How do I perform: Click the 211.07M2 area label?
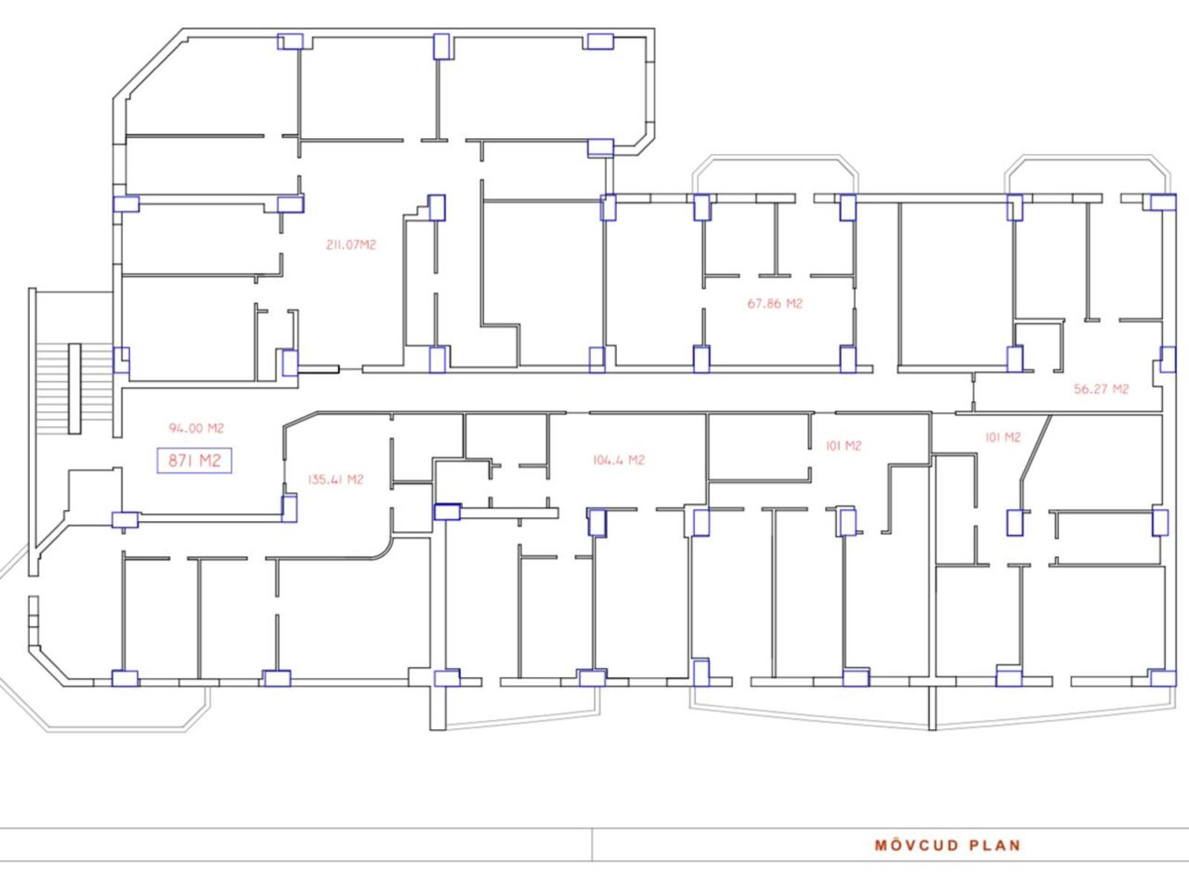(x=351, y=245)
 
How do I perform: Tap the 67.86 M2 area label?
(x=774, y=304)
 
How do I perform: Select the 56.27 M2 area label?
(x=1101, y=389)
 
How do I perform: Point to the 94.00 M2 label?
(x=196, y=428)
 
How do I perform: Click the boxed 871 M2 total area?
(x=194, y=460)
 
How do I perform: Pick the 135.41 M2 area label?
(x=335, y=480)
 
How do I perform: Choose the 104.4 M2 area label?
(x=618, y=460)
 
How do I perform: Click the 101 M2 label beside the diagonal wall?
(x=1002, y=438)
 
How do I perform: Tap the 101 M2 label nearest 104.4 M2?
(x=843, y=446)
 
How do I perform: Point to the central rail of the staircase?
(x=75, y=389)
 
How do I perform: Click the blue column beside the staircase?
(x=121, y=360)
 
